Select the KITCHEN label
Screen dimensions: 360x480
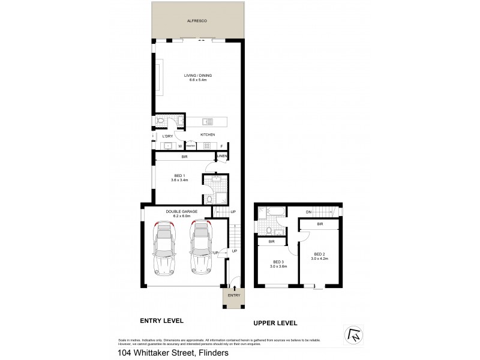207,134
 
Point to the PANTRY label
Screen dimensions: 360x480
191,146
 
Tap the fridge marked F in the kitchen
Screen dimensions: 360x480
221,146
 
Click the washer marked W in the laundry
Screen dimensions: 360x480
179,146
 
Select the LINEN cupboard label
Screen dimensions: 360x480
222,157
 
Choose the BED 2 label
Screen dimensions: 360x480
320,254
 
